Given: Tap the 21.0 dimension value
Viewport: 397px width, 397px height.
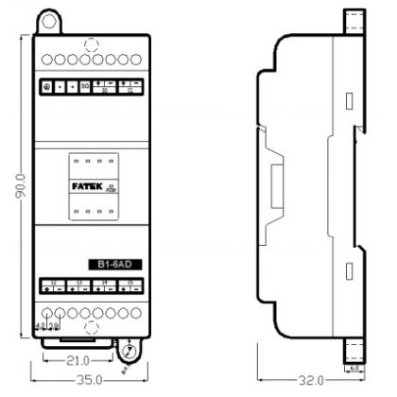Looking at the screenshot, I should [77, 360].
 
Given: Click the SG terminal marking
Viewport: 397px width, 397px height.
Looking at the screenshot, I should [85, 86].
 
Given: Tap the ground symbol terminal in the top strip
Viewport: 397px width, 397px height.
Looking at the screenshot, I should [48, 86].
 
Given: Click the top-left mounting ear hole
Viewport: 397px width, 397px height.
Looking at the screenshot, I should [47, 18].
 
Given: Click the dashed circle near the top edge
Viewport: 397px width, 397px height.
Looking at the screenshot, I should [90, 43].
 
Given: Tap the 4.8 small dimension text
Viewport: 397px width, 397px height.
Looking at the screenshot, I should [41, 326].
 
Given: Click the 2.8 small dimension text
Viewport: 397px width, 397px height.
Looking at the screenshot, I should [53, 326].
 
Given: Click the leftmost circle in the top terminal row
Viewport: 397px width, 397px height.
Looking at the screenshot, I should [47, 59].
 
